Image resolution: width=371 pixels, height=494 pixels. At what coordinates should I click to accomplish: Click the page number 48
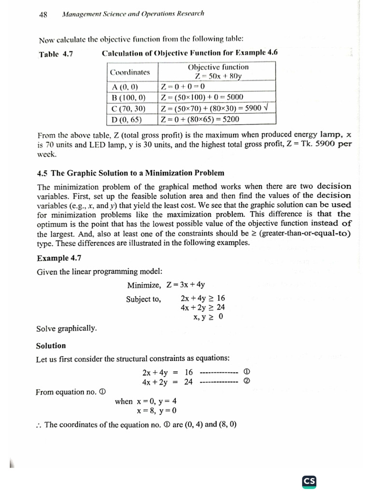[x=43, y=14]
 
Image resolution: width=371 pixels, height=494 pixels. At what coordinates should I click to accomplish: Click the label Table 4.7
[x=56, y=54]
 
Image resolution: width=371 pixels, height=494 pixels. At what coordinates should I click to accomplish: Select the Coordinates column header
[x=129, y=72]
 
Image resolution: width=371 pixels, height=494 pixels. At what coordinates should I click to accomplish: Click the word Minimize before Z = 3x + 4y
[x=144, y=285]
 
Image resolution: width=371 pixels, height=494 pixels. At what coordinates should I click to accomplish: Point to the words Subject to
[x=143, y=299]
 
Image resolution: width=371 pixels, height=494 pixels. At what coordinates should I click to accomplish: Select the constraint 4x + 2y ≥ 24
[x=202, y=307]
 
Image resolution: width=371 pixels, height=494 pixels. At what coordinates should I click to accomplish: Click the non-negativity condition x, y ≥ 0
[x=208, y=317]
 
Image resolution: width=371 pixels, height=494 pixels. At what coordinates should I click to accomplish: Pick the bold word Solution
[x=51, y=346]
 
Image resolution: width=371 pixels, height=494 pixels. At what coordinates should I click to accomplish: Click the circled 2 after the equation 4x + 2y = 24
[x=246, y=382]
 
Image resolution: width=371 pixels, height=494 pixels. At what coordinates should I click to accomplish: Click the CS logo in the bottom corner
[x=309, y=481]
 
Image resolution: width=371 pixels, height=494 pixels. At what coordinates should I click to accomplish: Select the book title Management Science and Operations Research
[x=133, y=14]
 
